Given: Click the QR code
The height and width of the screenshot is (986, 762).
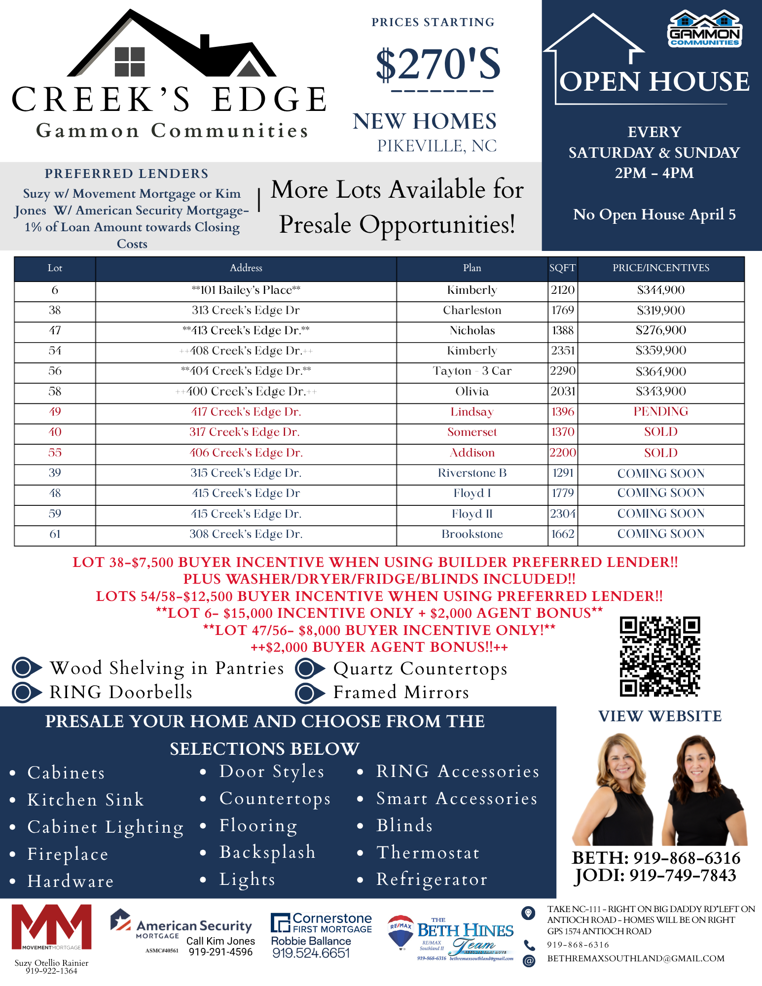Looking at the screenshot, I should (x=660, y=656).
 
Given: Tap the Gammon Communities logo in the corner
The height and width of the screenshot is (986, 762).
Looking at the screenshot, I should (x=704, y=29).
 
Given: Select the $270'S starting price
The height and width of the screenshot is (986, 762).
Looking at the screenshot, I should (x=437, y=64).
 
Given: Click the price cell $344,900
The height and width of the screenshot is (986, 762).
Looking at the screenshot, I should (x=660, y=290).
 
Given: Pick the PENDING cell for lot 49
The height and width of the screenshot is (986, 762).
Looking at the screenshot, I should (x=660, y=412).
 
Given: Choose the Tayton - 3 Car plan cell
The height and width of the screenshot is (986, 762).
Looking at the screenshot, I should (x=472, y=371).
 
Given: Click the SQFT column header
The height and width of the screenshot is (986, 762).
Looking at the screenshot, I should (x=562, y=268).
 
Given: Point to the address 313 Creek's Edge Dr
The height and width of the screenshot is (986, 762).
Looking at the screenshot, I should (x=246, y=311).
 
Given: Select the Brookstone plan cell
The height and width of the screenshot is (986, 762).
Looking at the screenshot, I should (x=472, y=534).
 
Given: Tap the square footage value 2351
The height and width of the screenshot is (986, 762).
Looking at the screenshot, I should (x=563, y=351).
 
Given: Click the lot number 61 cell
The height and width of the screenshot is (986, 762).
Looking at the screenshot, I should (x=55, y=534).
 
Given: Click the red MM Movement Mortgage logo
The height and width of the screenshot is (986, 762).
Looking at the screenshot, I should (x=51, y=927).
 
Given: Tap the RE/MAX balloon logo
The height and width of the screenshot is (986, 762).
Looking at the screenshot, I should (x=400, y=931).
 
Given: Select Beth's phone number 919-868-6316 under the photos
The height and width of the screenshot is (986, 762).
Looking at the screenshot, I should (x=656, y=858).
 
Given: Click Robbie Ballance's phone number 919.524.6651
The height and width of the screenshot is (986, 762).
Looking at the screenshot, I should (x=311, y=953).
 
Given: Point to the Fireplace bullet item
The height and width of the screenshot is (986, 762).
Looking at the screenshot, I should (x=68, y=854).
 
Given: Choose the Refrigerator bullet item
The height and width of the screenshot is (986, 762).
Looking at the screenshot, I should (x=432, y=880).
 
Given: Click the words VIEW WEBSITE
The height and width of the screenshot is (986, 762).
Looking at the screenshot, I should (x=660, y=716).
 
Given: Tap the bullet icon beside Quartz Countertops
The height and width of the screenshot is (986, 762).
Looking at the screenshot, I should (x=309, y=669).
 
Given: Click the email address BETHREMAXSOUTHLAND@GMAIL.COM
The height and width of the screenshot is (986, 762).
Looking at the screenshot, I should (x=636, y=958).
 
